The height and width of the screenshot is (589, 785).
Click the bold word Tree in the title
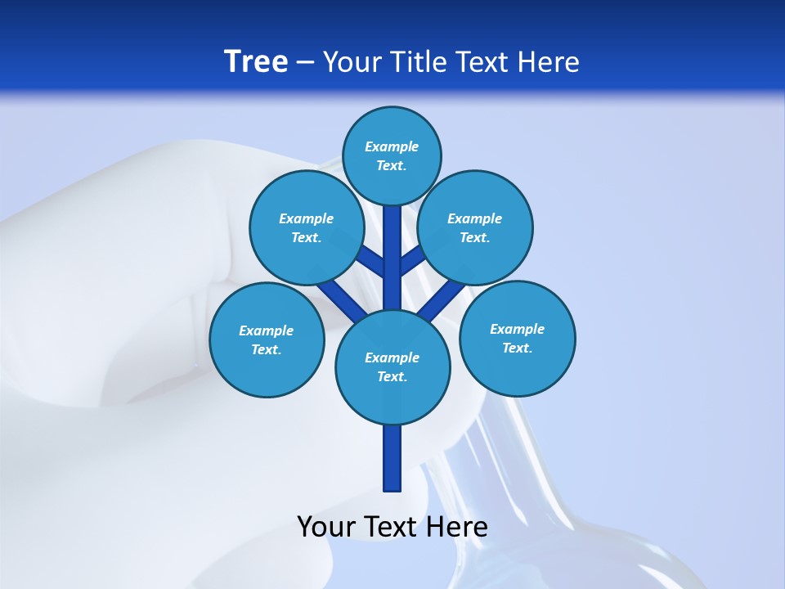point(256,62)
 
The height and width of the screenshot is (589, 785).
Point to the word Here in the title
point(549,62)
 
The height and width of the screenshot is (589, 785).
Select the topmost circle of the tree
point(392,155)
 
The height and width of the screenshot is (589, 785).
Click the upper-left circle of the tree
point(306,227)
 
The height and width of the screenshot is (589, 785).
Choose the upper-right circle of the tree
point(474,227)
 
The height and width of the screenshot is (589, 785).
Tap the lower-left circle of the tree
point(267,339)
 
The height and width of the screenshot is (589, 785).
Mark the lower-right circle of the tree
point(517,338)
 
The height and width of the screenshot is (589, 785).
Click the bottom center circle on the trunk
point(392,366)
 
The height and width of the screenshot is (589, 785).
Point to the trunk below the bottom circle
point(392,458)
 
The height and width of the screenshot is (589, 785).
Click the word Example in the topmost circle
point(392,146)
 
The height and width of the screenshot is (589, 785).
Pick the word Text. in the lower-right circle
point(517,348)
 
